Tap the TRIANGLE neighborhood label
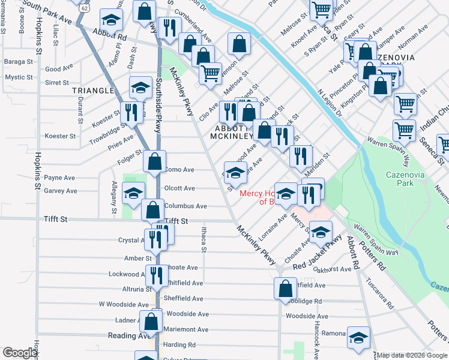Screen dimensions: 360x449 (92, 91)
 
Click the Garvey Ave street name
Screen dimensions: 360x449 (61, 191)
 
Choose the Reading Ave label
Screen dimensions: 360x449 (127, 336)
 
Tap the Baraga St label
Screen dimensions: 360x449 (19, 62)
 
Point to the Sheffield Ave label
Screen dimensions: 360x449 (184, 298)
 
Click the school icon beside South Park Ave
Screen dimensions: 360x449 (110, 22)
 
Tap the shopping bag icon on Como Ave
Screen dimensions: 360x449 (155, 161)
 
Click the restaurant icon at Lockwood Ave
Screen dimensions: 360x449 (156, 276)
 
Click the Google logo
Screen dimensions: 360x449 (20, 353)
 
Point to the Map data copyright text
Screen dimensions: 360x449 (411, 355)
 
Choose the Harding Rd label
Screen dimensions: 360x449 (179, 345)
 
